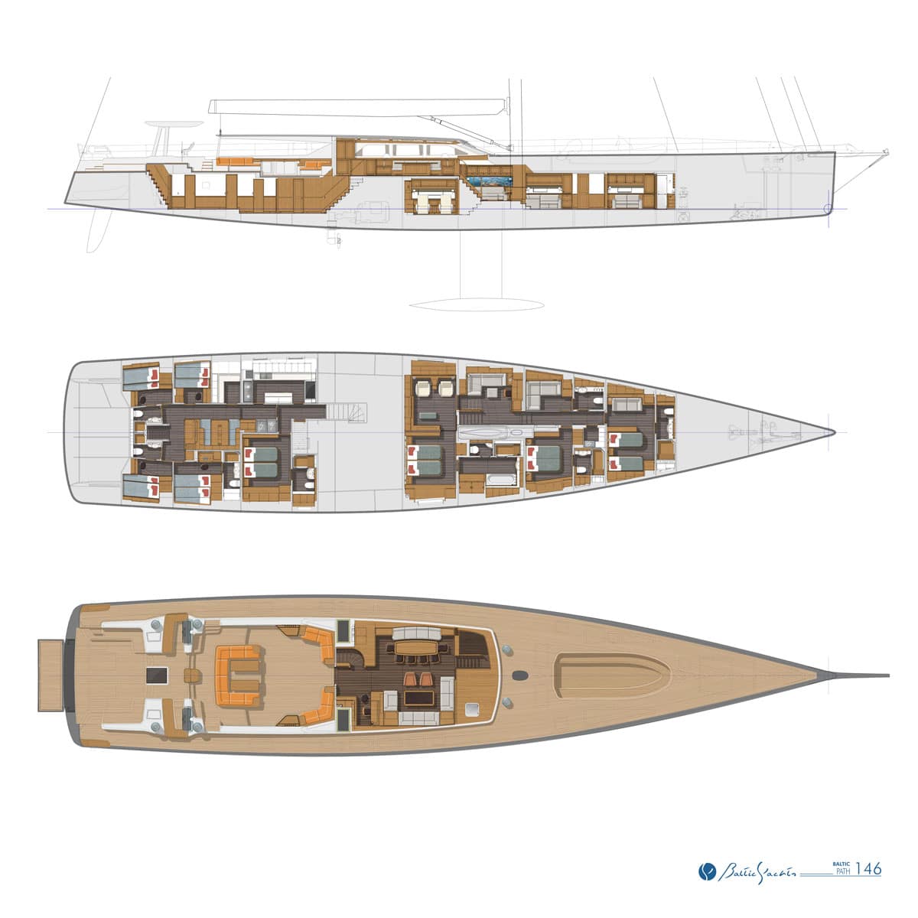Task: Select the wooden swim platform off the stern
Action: [50, 675]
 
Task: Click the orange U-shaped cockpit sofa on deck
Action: [238, 675]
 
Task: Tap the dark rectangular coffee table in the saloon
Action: [418, 699]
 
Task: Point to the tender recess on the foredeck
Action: [613, 675]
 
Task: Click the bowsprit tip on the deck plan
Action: [888, 675]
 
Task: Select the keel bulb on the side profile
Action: [477, 304]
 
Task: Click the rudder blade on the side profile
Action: [98, 232]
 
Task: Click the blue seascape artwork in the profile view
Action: [490, 181]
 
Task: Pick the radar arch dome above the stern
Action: [173, 125]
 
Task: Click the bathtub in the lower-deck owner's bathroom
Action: [501, 479]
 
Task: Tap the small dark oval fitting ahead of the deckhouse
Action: [519, 675]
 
